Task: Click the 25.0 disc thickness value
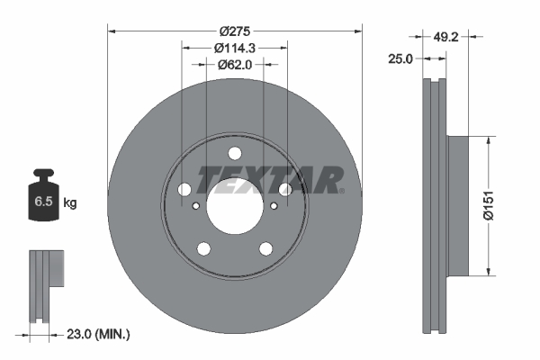tap(400, 58)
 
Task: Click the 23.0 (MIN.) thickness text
tap(99, 334)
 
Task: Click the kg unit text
tap(70, 203)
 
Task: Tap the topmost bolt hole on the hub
tap(235, 153)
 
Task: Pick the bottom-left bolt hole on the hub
tap(204, 248)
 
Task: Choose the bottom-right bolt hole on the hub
tap(266, 248)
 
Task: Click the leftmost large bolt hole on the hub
tap(185, 189)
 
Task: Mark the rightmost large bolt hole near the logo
tap(285, 189)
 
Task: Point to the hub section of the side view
tap(456, 204)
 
